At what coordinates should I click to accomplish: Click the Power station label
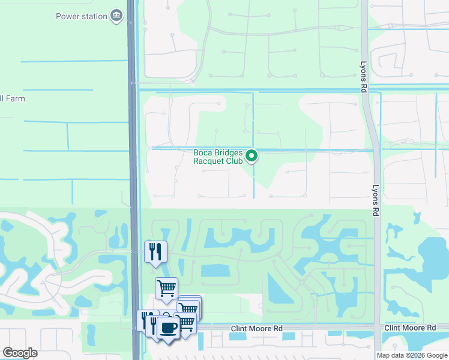[x=82, y=16]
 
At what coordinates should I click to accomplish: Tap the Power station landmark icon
[x=116, y=16]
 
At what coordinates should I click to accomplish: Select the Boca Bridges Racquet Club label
[x=217, y=157]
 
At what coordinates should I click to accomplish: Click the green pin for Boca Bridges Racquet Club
[x=253, y=157]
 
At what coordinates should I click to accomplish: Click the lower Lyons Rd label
[x=376, y=200]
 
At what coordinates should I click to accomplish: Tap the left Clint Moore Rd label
[x=257, y=329]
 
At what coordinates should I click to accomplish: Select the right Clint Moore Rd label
[x=410, y=328]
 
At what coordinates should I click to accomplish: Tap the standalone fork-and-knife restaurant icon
[x=155, y=251]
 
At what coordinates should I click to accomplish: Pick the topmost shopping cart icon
[x=167, y=287]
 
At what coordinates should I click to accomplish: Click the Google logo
[x=20, y=352]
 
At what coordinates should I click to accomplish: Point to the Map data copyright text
[x=412, y=355]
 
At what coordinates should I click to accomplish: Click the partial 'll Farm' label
[x=13, y=98]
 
